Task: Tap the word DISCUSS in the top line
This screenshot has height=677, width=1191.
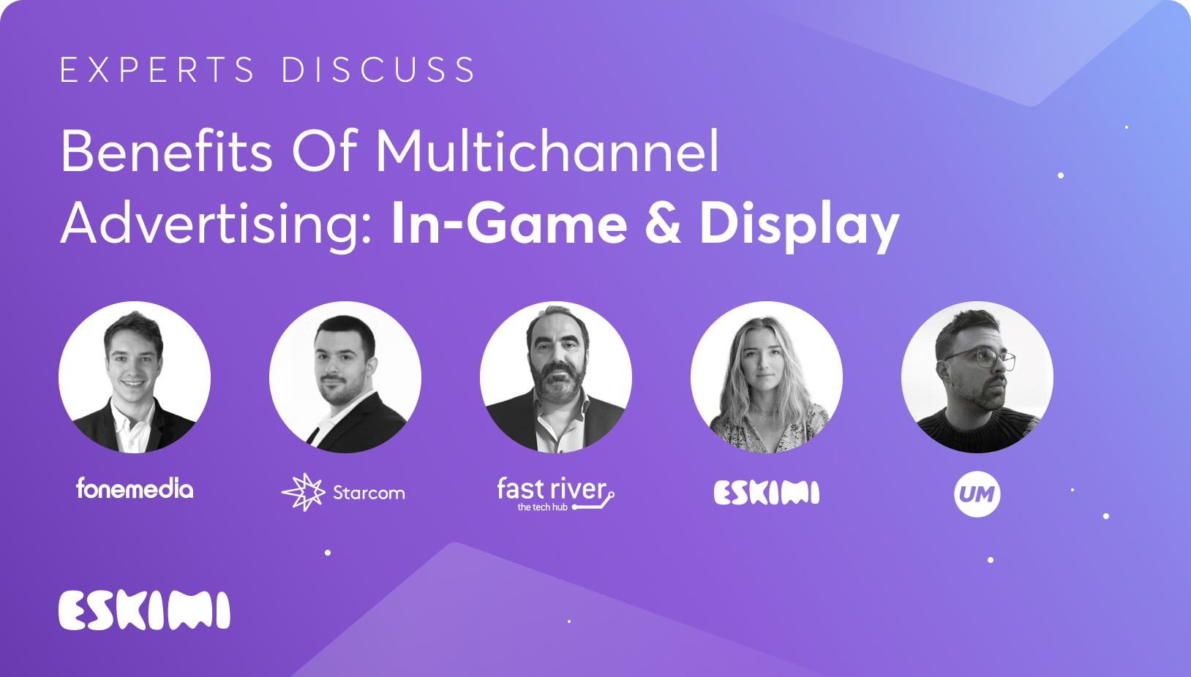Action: [x=378, y=69]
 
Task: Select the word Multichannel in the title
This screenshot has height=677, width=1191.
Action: [x=548, y=151]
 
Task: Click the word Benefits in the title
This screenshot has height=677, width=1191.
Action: [x=166, y=151]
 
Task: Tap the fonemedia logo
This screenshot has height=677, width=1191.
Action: [x=135, y=488]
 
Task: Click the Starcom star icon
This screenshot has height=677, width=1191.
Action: [x=304, y=492]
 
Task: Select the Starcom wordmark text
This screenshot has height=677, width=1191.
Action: [x=369, y=493]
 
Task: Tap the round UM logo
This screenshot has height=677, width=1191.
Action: [x=977, y=494]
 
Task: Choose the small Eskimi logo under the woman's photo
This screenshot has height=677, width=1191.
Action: [x=766, y=493]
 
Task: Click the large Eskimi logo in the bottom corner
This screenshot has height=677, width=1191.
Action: [x=144, y=610]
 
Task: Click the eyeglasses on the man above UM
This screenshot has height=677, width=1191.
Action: [x=982, y=360]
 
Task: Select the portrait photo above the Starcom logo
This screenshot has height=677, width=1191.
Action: [x=345, y=377]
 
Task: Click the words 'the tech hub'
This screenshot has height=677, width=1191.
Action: [x=542, y=507]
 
